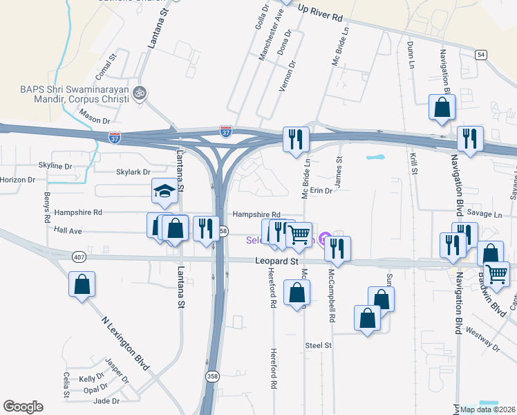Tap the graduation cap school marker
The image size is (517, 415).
point(165,192)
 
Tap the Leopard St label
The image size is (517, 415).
point(276,261)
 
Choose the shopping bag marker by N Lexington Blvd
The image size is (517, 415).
point(82,284)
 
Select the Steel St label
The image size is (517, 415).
point(319,344)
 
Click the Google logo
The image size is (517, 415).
point(23,407)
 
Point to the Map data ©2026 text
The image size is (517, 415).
point(487,409)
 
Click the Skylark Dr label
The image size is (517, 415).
point(133,172)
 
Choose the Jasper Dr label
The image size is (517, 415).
point(116,370)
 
